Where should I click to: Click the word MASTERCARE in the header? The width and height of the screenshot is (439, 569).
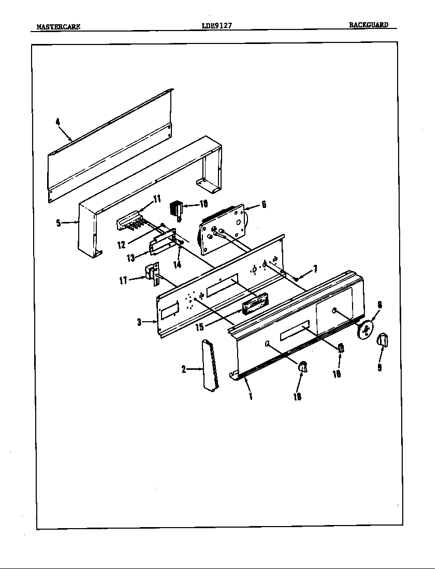click(x=58, y=26)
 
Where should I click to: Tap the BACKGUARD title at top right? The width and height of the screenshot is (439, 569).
click(x=368, y=25)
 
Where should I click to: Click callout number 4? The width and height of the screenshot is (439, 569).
click(x=58, y=122)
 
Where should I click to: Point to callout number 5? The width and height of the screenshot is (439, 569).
click(x=58, y=223)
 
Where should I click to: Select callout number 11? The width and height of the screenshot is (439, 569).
click(x=157, y=199)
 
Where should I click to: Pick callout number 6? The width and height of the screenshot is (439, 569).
click(x=264, y=205)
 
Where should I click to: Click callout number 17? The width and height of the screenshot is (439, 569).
click(x=123, y=281)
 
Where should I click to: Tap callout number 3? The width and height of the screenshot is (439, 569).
click(x=139, y=322)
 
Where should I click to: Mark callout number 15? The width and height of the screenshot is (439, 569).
click(x=199, y=327)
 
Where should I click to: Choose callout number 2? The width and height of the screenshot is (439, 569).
click(x=184, y=369)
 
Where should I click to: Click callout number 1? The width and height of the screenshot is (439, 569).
click(x=250, y=397)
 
